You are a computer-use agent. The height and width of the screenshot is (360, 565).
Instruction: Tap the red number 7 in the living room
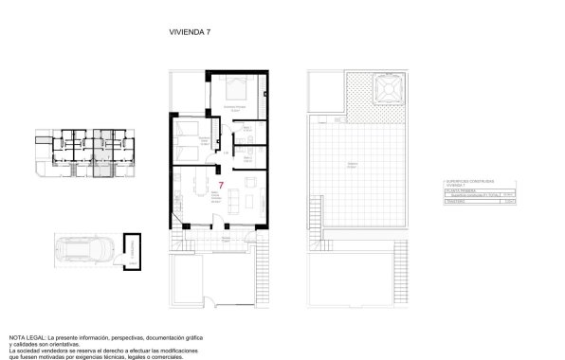click(220, 186)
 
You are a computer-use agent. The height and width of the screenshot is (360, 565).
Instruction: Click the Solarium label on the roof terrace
click(352, 164)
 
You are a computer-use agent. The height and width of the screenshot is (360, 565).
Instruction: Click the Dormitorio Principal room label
click(234, 107)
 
